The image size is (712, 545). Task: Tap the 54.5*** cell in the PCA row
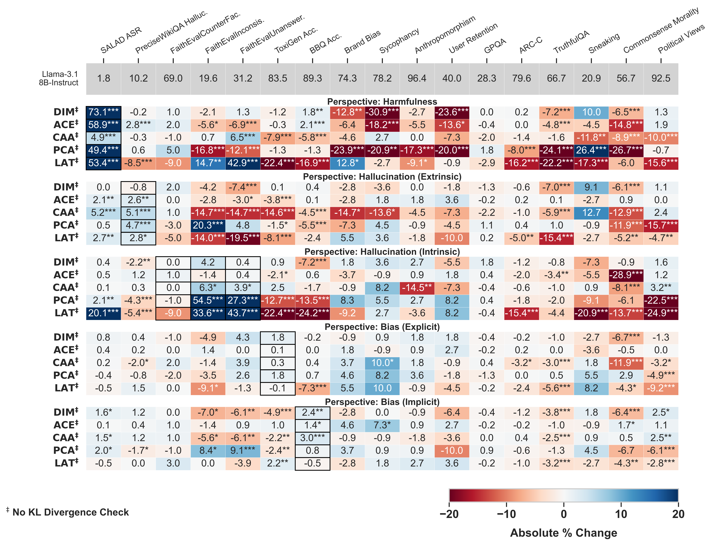coord(208,300)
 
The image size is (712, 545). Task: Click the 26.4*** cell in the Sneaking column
coord(591,150)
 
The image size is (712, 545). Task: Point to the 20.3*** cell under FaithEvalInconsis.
coord(208,225)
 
